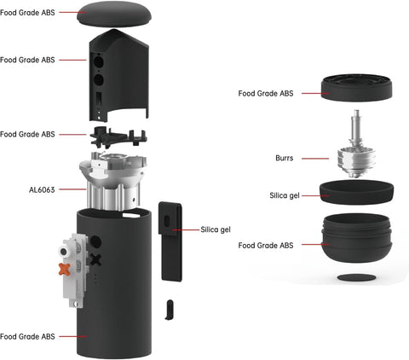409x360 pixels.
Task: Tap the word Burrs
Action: pos(285,158)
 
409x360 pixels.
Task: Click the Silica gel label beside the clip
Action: pos(216,229)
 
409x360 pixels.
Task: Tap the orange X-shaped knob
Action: pos(63,270)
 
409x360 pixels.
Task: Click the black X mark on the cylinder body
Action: pos(95,260)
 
